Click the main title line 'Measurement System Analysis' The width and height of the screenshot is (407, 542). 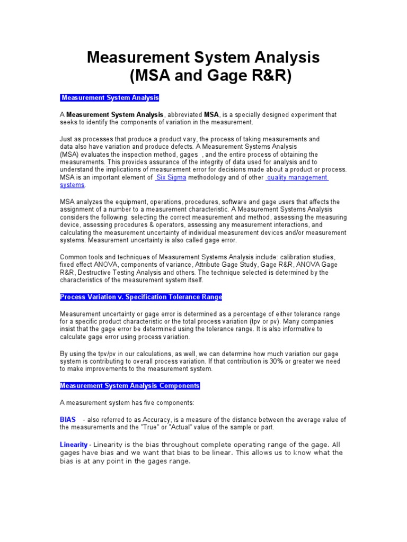coord(203,57)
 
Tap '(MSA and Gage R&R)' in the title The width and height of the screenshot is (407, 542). coord(210,76)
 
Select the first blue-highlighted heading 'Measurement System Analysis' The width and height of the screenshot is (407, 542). coord(109,98)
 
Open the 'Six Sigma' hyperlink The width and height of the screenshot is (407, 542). coord(170,178)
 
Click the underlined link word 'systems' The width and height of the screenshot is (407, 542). coord(72,185)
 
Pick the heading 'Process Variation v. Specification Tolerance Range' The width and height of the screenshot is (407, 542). coord(141,297)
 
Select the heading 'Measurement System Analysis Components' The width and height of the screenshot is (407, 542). coord(130,386)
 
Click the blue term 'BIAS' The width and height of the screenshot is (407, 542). coord(68,420)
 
